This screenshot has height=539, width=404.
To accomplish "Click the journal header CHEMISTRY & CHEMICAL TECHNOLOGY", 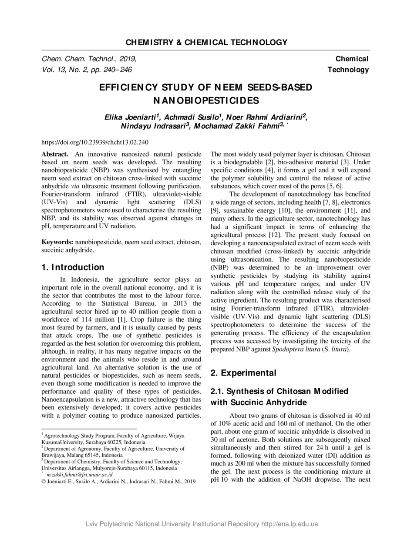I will [x=206, y=43].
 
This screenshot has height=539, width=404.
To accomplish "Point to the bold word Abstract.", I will [x=54, y=154].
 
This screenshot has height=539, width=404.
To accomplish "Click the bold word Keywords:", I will [x=57, y=242].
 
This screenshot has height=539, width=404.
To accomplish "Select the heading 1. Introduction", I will [x=73, y=267].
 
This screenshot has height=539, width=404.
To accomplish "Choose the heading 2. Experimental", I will [x=243, y=373].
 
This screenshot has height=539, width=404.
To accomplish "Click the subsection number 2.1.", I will [x=217, y=391].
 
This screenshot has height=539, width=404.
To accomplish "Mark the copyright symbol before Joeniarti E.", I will [x=44, y=482].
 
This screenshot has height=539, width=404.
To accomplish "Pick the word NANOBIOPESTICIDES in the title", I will [x=206, y=101].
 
